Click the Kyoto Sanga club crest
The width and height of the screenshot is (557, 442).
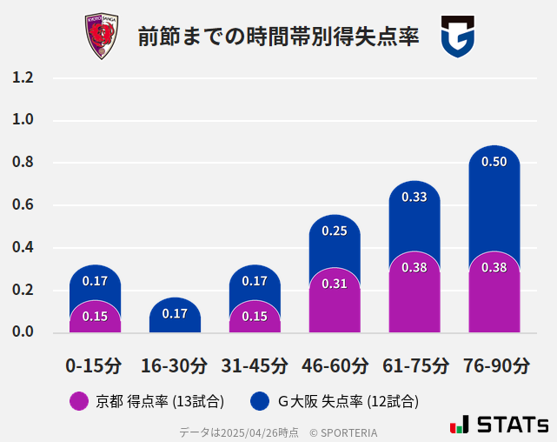[101, 37]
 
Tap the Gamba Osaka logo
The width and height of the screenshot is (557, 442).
[457, 37]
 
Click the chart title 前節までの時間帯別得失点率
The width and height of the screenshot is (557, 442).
[278, 37]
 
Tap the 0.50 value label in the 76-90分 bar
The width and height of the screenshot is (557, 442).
[494, 162]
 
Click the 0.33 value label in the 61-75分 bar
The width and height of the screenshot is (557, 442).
[414, 198]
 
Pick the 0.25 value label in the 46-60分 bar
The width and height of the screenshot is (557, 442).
[335, 231]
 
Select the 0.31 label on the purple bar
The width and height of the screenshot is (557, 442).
[335, 284]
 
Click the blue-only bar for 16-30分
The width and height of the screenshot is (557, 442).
[175, 315]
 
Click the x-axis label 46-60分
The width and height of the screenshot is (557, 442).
[335, 365]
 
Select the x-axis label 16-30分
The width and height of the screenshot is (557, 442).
[175, 365]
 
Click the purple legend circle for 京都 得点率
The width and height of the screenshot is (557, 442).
[78, 401]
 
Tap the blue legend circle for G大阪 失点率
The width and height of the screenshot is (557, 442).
[259, 401]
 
